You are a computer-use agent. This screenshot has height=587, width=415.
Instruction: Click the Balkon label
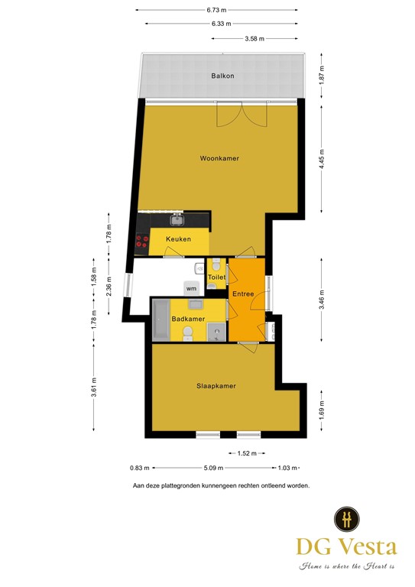(222, 76)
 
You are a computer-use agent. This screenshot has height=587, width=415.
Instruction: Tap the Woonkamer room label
(219, 158)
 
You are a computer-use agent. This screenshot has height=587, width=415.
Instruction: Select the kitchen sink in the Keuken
(177, 220)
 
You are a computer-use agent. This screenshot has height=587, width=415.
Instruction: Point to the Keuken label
(178, 239)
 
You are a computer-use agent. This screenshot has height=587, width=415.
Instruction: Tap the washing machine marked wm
(190, 288)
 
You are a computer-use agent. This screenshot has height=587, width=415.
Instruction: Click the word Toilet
(217, 277)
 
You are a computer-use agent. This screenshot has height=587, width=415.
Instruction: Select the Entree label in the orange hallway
(243, 293)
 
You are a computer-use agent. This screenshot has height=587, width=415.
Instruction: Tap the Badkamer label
(187, 319)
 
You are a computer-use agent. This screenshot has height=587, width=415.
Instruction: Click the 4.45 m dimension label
(323, 158)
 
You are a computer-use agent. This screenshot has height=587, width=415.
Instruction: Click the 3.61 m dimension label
(93, 388)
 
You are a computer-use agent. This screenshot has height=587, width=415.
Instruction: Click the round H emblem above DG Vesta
(347, 518)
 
